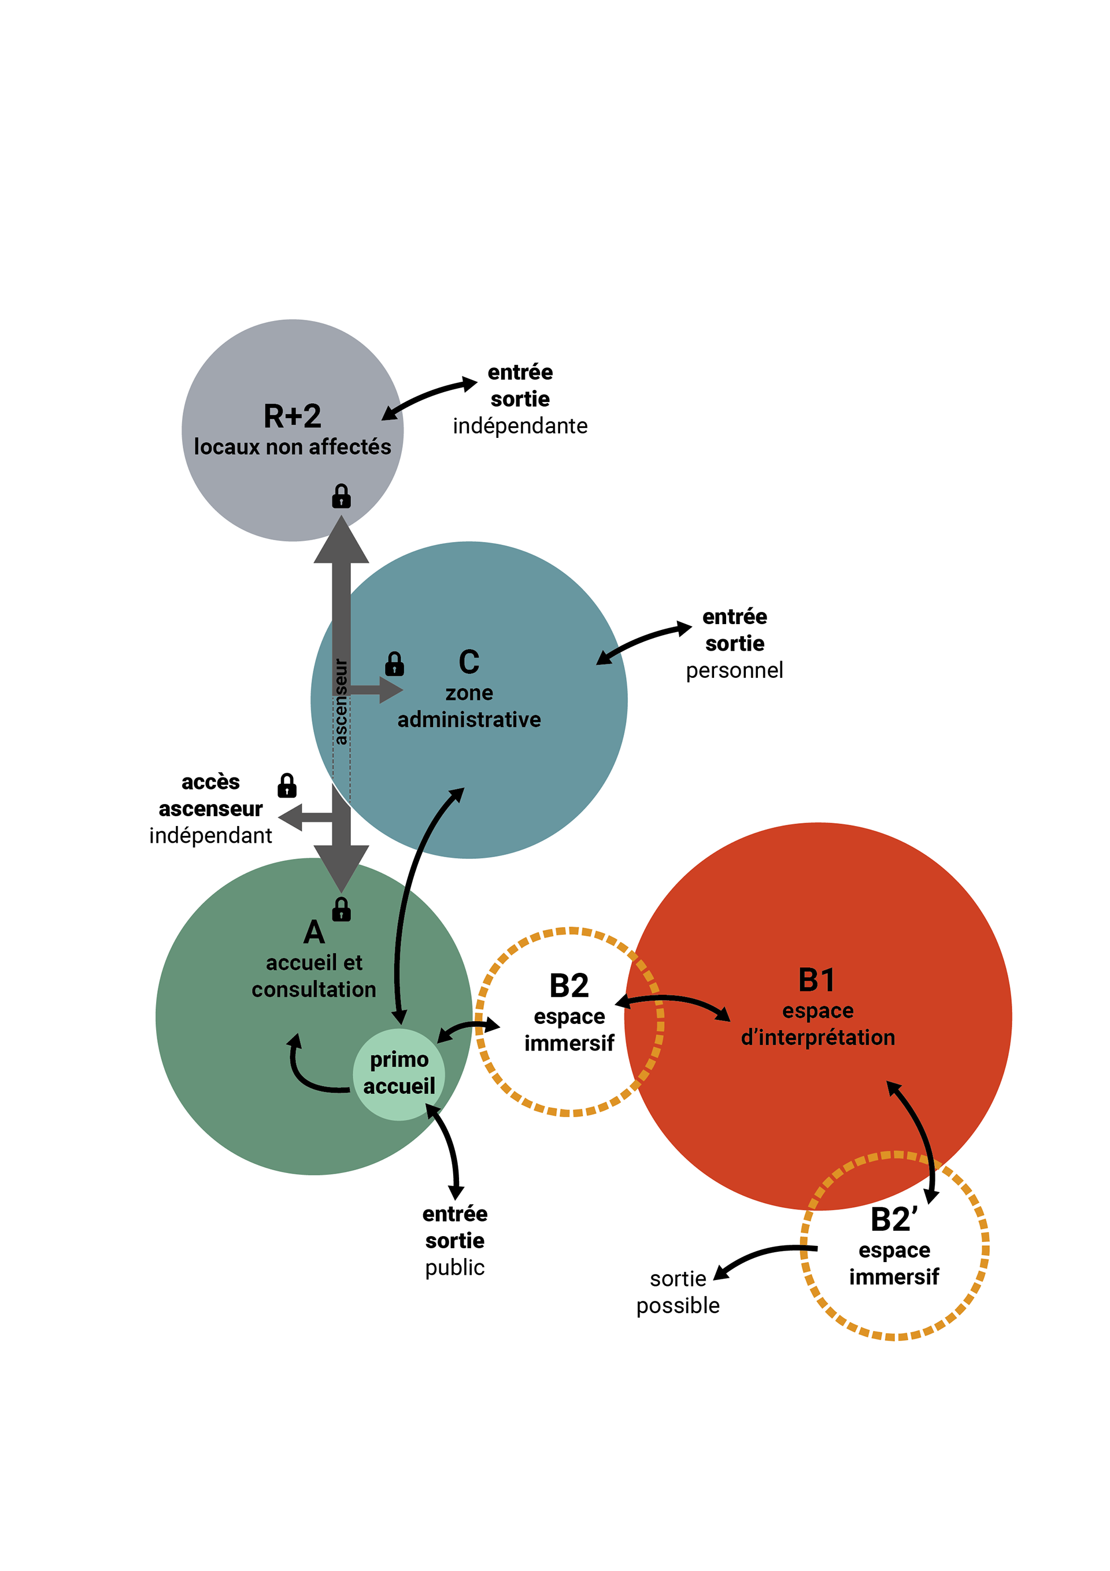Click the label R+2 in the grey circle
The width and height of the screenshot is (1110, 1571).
coord(292,416)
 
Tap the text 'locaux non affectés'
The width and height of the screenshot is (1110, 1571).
coord(292,447)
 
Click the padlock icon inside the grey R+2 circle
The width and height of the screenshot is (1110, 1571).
coord(341,496)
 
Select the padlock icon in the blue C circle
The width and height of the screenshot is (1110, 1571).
coord(395,663)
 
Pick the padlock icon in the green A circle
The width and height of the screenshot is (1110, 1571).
coord(341,909)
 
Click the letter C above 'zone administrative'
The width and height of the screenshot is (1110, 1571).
coord(469,662)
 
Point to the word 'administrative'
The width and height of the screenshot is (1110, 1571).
coord(469,720)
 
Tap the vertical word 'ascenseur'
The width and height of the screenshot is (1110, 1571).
coord(341,701)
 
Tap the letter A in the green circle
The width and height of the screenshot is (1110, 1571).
coord(314,932)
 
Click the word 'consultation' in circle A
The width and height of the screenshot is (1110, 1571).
coord(314,990)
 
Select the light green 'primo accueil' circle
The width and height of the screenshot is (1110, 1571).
coord(399,1074)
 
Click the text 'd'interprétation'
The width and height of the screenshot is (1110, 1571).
coord(818,1037)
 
